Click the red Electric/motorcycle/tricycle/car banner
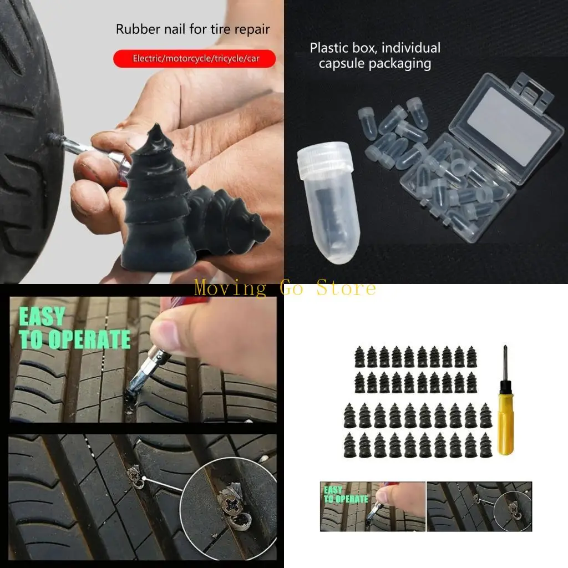pos(194,58)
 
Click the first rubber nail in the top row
pos(359,357)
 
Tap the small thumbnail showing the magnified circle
pos(479,506)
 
